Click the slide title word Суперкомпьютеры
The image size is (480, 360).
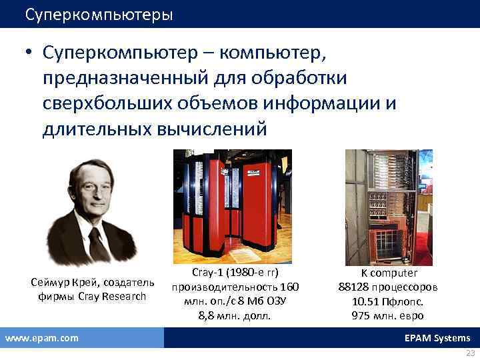(x=99, y=14)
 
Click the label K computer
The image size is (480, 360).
(x=389, y=273)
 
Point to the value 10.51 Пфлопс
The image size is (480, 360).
(x=389, y=301)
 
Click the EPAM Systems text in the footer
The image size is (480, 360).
(x=437, y=338)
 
